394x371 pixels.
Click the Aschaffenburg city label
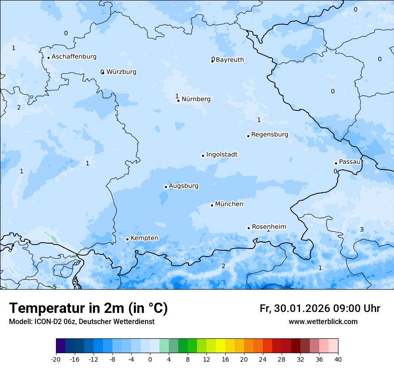coord(74,57)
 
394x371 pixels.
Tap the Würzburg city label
coord(121,72)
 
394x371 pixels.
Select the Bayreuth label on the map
coord(230,60)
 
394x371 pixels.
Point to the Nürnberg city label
coord(196,99)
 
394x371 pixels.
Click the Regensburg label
coord(270,135)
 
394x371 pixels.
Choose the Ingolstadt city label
coord(222,155)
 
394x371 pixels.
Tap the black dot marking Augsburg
coord(166,187)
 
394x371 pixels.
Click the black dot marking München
coord(212,205)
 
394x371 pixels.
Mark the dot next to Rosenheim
coord(248,228)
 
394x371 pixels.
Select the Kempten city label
coord(144,238)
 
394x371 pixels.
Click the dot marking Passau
coord(336,163)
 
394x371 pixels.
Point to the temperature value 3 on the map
coord(362,230)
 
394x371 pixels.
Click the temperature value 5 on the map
coord(55,287)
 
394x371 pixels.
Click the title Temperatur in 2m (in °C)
coord(88,308)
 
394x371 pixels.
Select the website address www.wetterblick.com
coord(323,322)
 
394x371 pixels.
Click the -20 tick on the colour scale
coord(56,359)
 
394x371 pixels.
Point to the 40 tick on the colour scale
coord(338,359)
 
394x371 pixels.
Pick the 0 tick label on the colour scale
coord(150,359)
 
